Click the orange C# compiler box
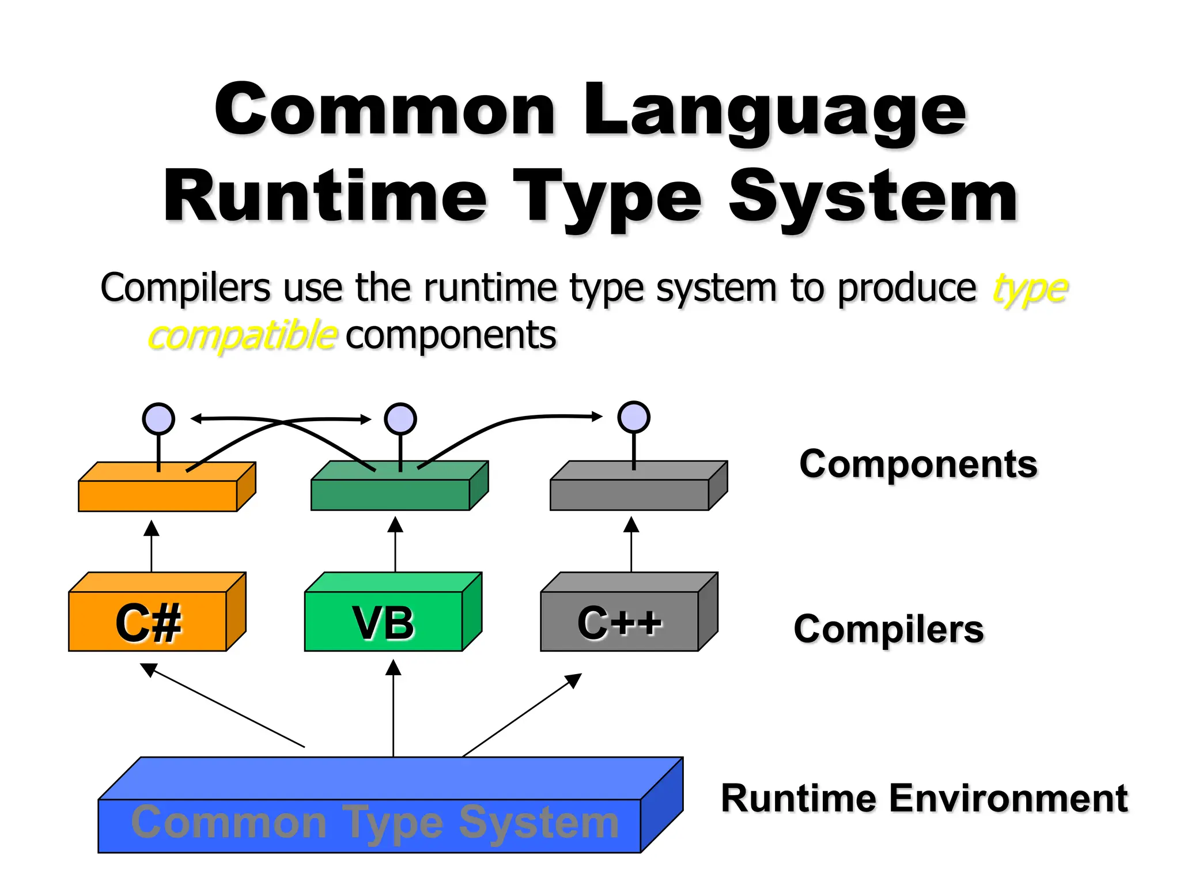tap(148, 621)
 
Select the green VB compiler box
tap(384, 621)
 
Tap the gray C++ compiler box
tap(619, 621)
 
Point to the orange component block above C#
tap(158, 495)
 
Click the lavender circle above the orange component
tap(158, 419)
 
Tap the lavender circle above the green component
tap(400, 419)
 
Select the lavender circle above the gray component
tap(634, 417)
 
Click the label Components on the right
tap(918, 464)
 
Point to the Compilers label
tap(888, 629)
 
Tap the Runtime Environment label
tap(924, 799)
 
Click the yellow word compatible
tap(242, 335)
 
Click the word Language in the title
tap(775, 111)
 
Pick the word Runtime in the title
tap(326, 198)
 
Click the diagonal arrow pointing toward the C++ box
tap(521, 715)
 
